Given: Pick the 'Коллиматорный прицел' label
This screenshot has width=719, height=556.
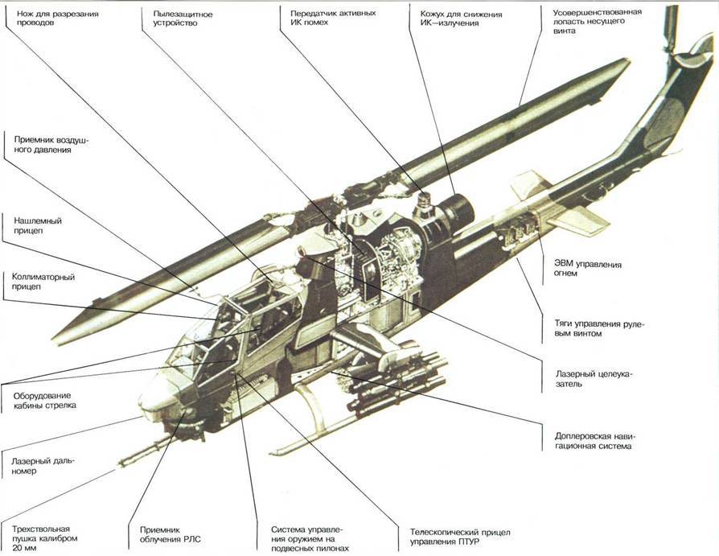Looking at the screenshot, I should click(x=43, y=283).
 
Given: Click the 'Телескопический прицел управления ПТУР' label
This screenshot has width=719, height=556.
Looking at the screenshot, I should click(x=459, y=537).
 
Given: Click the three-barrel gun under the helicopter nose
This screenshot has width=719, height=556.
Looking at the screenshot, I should click(x=145, y=451).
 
